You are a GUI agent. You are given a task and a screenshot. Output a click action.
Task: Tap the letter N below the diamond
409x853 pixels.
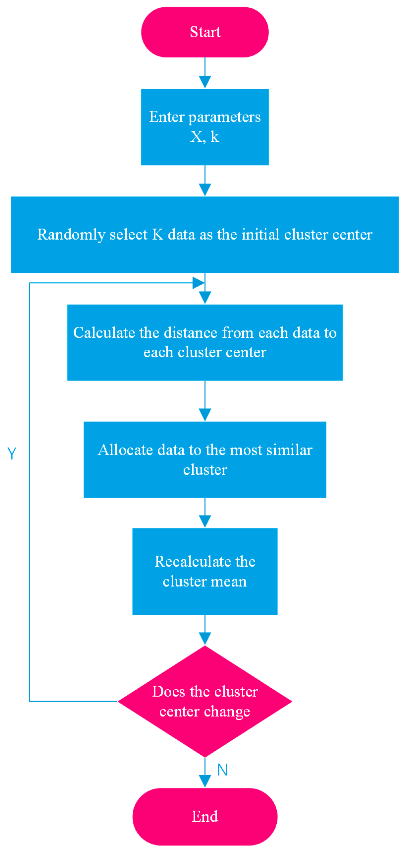[x=222, y=770]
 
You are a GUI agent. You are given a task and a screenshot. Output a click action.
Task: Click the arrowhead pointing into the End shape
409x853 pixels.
[x=205, y=781]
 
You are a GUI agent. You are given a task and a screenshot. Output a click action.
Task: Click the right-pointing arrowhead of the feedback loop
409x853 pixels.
[x=198, y=283]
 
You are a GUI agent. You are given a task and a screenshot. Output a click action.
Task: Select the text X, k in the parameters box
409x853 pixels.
[x=204, y=137]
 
